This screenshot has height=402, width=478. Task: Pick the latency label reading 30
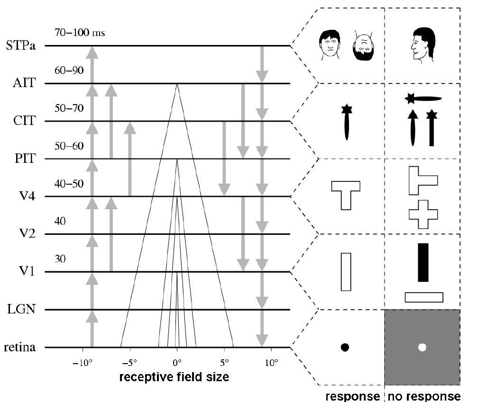tap(60, 259)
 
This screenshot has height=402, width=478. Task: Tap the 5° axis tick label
tap(224, 365)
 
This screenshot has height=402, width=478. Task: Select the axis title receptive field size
tap(175, 377)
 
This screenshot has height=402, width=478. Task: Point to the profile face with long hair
tap(422, 46)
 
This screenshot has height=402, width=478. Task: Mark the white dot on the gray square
tap(422, 347)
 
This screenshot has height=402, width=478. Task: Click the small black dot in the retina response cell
tap(345, 347)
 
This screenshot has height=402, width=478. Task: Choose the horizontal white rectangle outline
tap(423, 297)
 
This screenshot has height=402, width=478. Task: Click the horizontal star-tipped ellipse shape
tap(423, 98)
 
